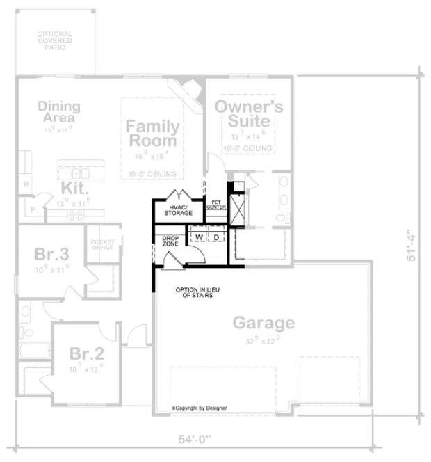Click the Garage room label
pyautogui.click(x=263, y=323)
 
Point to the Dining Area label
pyautogui.click(x=59, y=112)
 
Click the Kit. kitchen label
pyautogui.click(x=74, y=189)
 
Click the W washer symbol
pyautogui.click(x=198, y=237)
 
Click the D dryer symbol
pyautogui.click(x=216, y=237)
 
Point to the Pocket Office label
pyautogui.click(x=102, y=245)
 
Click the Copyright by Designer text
pyautogui.click(x=200, y=408)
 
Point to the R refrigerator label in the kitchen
pyautogui.click(x=26, y=184)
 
